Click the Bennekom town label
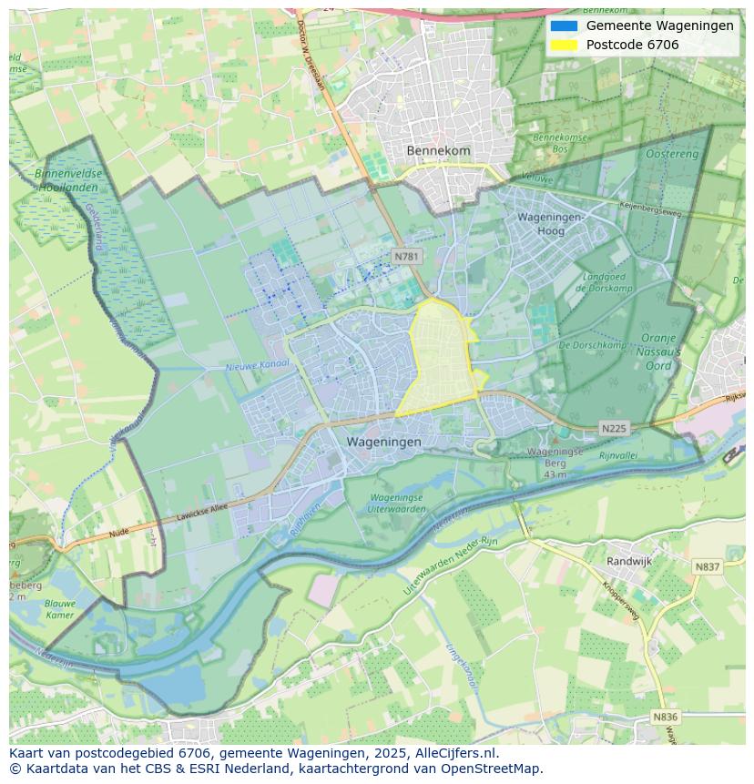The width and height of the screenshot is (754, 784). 438,150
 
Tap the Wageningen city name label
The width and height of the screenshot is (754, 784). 383,442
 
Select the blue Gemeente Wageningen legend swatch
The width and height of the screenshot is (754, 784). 564,25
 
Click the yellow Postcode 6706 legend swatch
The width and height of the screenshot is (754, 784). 564,45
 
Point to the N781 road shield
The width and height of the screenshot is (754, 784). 406,257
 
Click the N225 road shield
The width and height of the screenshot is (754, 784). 615,428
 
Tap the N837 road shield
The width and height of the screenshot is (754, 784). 707,566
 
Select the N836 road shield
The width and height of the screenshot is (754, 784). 666,717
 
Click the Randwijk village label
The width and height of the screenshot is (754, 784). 629,562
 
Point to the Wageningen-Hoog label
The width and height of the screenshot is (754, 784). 553,224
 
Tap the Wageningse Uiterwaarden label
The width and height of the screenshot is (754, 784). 397,504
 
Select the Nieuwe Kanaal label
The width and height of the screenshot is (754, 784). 257,365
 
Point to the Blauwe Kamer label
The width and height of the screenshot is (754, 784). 59,608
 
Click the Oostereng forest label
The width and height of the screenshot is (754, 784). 672,155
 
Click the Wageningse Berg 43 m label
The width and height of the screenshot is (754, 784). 555,463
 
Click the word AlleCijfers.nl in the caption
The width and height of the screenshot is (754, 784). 453,753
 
